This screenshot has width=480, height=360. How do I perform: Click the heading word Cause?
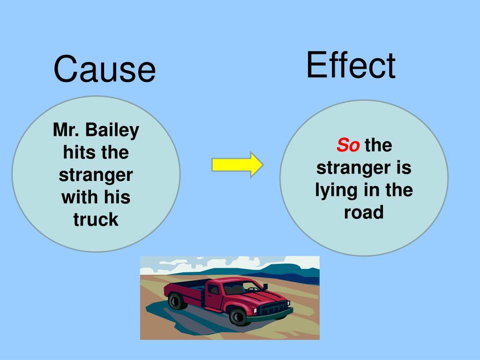[104, 69]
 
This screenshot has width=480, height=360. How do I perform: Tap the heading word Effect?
[351, 65]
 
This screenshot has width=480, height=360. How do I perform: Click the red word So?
[348, 146]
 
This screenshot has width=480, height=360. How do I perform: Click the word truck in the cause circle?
[96, 219]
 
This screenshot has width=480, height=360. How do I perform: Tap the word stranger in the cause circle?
[96, 175]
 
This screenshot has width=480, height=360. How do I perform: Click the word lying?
[335, 190]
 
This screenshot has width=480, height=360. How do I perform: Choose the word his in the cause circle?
[116, 197]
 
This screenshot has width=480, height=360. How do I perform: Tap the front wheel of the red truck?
[238, 317]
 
